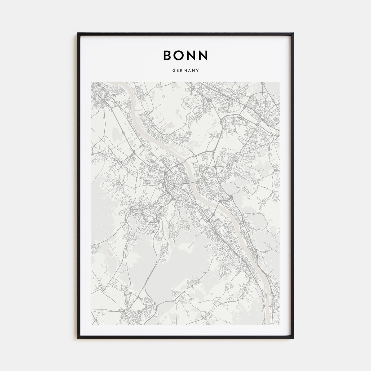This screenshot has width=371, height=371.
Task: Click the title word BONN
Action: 185,55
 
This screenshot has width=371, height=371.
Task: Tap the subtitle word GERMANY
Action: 185,71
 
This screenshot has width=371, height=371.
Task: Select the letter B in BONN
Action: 168,55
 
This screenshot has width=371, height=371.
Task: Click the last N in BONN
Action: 204,55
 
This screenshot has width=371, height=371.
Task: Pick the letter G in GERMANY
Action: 174,71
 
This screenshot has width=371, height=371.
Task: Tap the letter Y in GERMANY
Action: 198,71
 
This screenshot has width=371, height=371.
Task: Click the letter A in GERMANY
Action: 190,71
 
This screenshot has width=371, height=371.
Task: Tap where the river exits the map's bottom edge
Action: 268,324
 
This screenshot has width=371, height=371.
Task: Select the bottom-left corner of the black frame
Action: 78,338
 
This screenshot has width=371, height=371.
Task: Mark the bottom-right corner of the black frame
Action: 293,338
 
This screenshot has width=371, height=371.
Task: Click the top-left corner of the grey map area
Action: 91,82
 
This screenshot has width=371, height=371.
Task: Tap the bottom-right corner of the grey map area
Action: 279,324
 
